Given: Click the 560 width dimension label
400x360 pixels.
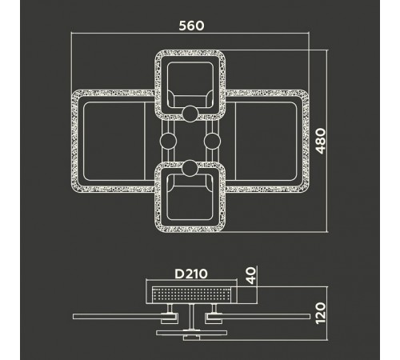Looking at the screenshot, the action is click(191, 26).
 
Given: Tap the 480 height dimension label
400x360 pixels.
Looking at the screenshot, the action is click(321, 141).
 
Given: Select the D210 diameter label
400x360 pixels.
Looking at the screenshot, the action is click(191, 274).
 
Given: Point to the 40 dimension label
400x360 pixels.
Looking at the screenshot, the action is click(251, 275).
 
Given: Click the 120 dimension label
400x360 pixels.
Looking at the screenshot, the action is click(321, 314).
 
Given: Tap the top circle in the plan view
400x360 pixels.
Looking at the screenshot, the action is click(190, 114).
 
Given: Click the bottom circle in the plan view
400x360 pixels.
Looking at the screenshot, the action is click(190, 168).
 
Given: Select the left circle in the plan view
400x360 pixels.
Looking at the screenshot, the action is click(168, 141).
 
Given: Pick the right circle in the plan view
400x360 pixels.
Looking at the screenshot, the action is click(212, 141).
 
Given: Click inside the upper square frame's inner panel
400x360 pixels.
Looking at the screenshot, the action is click(190, 78).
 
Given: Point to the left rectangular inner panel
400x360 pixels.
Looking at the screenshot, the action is click(114, 141).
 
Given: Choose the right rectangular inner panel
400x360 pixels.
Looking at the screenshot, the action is click(266, 141).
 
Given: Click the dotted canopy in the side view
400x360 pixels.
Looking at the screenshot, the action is click(191, 295).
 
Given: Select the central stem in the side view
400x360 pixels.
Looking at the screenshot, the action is click(191, 317).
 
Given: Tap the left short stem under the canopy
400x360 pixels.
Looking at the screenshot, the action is click(170, 308).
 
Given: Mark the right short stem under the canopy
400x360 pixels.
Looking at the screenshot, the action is click(214, 308).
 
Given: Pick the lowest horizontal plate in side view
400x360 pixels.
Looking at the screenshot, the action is click(191, 333).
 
